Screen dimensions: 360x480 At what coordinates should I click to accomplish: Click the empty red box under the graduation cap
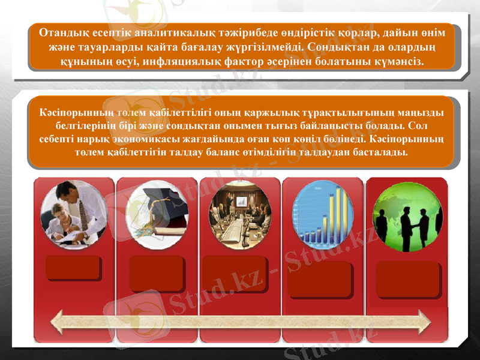156,271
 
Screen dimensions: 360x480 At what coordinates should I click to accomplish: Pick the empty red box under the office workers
73,268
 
